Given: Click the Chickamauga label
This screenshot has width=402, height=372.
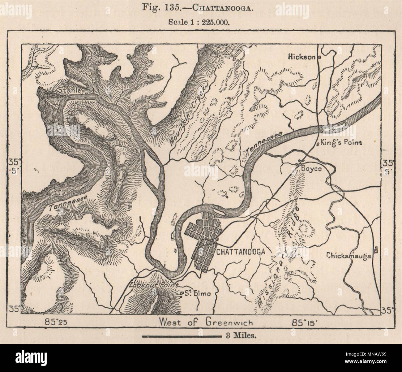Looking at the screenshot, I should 348,256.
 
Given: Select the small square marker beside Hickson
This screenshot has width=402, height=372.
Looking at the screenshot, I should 320,57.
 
